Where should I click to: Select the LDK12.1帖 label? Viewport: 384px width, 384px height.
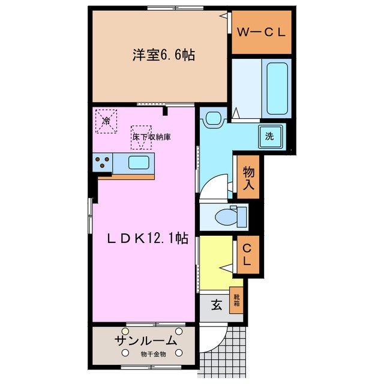[148, 238]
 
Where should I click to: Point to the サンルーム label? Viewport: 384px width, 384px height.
[146, 341]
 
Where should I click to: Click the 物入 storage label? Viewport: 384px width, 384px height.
[248, 178]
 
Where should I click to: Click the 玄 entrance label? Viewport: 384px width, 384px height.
[216, 305]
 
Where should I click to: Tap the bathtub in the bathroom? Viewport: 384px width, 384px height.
[277, 88]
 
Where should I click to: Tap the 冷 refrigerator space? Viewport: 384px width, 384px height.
[106, 121]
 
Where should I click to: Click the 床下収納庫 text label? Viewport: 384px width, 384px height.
[152, 137]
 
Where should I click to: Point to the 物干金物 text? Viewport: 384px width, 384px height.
[152, 355]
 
